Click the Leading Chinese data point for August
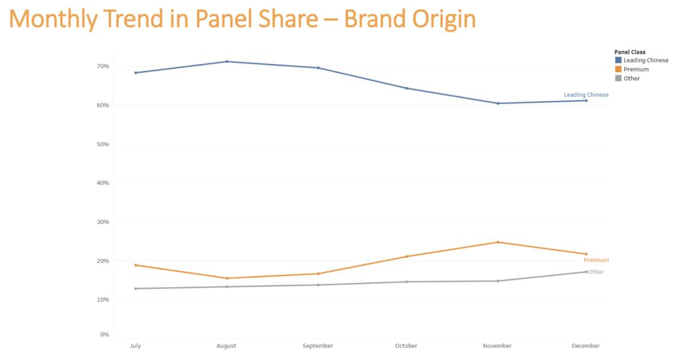227,61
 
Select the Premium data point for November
498,242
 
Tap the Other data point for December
586,272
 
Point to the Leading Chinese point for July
136,73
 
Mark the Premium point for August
227,278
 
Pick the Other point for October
406,282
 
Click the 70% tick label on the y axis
103,66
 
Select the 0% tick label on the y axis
105,334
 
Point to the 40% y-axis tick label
103,183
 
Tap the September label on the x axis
318,346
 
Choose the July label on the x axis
136,346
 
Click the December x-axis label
586,346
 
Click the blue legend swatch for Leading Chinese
618,60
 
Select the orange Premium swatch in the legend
618,69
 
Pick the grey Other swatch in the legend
618,78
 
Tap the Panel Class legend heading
630,52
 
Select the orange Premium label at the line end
596,260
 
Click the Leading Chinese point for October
406,88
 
